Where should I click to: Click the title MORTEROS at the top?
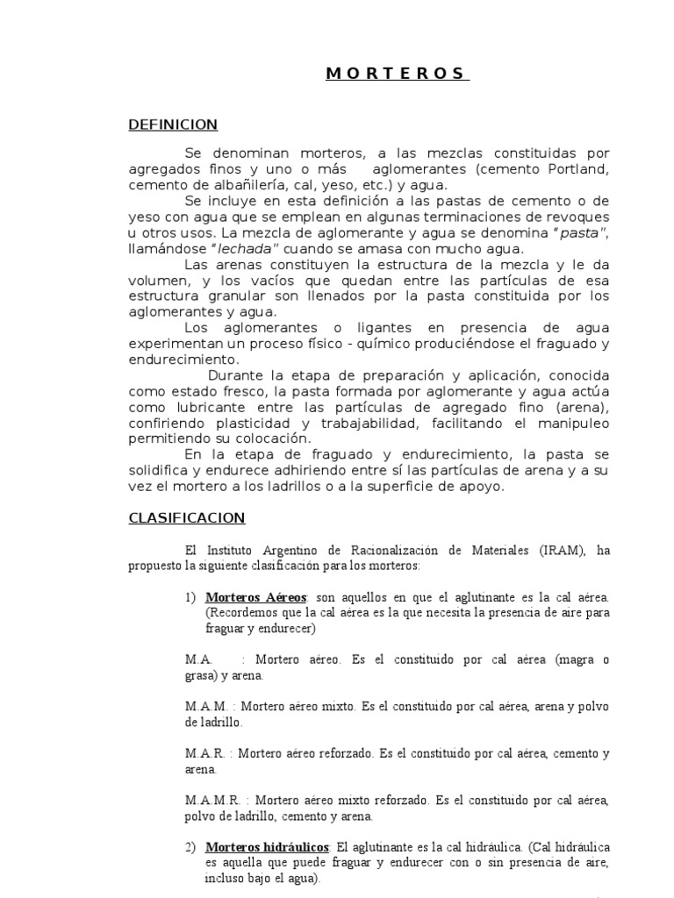pyautogui.click(x=398, y=74)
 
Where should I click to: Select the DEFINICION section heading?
pyautogui.click(x=173, y=125)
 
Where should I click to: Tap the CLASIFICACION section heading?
pyautogui.click(x=187, y=518)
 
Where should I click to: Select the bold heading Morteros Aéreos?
pyautogui.click(x=255, y=597)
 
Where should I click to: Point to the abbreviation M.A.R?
pyautogui.click(x=204, y=753)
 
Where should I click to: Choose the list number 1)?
pyautogui.click(x=190, y=597)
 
